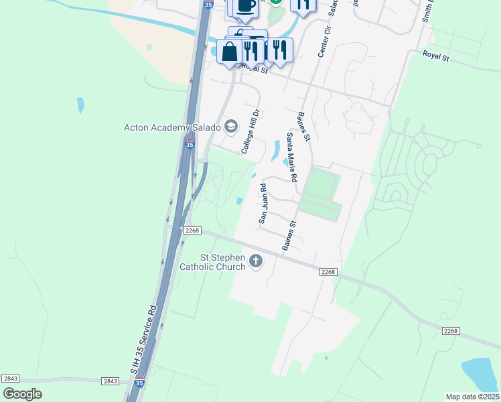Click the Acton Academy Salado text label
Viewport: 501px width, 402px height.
tap(172, 127)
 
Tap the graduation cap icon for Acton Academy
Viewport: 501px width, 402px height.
tap(231, 126)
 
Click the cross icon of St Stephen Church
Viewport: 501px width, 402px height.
tap(255, 261)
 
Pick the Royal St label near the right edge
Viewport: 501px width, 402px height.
tap(435, 57)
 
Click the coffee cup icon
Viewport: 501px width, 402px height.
tap(245, 6)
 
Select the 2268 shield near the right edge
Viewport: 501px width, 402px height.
tap(450, 331)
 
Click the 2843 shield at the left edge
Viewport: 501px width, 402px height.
tap(10, 379)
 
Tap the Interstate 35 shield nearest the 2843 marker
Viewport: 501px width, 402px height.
tap(139, 383)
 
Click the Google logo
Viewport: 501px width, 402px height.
tap(22, 394)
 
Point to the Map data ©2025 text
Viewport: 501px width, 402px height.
tap(472, 397)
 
